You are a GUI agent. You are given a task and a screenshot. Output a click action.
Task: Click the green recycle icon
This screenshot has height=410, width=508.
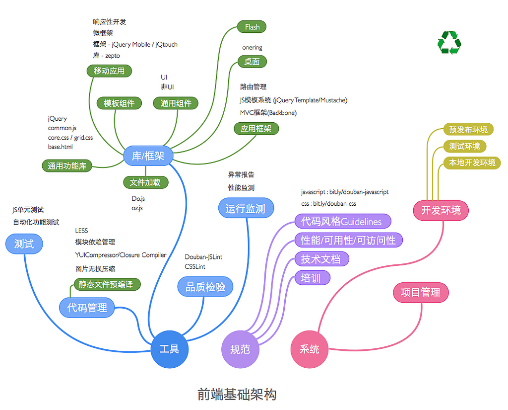coord(449,43)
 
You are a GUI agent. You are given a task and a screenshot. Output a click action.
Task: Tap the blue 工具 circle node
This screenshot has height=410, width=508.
coord(170,349)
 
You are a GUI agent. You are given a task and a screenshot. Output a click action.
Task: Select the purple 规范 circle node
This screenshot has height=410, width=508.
coord(240,349)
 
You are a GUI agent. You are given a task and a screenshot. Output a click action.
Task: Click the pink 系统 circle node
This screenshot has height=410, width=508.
coord(310,349)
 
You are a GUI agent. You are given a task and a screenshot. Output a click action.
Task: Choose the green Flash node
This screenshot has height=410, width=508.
coord(252,27)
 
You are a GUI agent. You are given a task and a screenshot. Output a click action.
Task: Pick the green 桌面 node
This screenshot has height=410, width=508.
coord(252,62)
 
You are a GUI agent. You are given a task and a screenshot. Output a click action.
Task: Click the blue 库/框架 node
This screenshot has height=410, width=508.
coord(148,156)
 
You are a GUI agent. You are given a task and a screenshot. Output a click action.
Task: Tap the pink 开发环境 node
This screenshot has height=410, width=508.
coord(441,210)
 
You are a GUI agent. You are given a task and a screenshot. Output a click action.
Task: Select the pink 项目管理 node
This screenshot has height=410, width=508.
coord(421,292)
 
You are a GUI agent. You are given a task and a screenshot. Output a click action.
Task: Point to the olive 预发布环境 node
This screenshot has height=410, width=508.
coord(468,130)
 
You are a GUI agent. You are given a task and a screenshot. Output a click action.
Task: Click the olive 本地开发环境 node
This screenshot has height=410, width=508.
coord(472,163)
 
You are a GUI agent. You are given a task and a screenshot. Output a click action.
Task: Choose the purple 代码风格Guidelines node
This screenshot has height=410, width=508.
coord(342,222)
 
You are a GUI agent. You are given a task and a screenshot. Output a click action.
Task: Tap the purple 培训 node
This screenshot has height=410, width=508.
coord(312,278)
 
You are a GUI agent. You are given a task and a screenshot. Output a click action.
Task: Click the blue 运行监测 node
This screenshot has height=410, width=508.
coord(246,209)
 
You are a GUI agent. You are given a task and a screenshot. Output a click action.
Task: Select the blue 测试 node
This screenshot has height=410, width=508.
coord(24,244)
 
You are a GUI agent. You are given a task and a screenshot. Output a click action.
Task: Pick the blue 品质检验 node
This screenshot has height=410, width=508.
coord(205,287)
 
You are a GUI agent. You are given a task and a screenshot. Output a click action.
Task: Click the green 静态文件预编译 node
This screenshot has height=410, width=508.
coord(106,284)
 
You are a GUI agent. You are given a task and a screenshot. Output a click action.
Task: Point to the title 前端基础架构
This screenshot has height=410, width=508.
coord(237,395)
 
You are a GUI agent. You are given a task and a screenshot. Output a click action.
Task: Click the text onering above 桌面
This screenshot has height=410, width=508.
coord(252,48)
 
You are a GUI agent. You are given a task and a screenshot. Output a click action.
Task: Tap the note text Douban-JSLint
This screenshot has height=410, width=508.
coord(203,257)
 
